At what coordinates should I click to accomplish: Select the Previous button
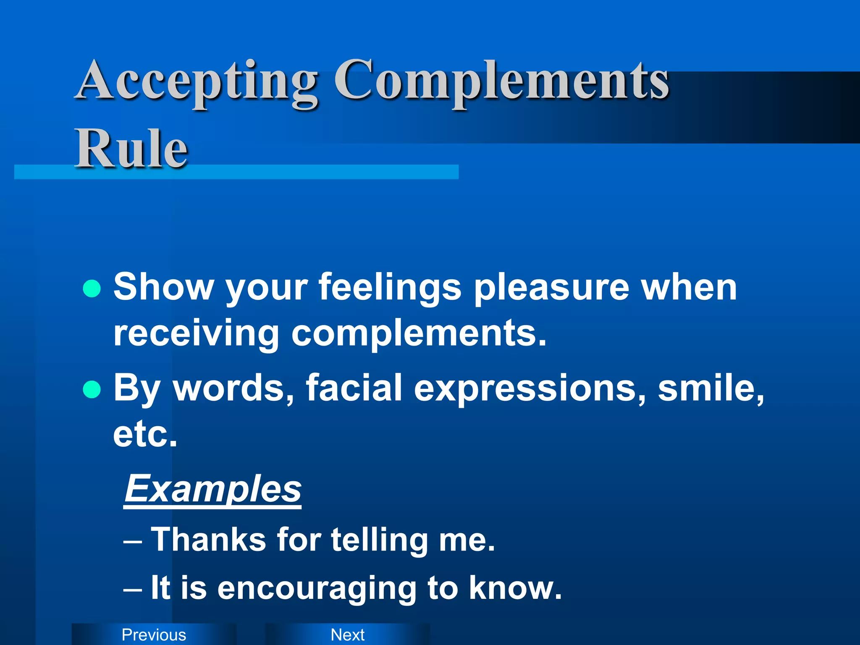[x=154, y=635]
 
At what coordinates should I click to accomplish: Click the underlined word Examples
[x=213, y=489]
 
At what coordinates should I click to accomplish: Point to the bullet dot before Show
[x=92, y=289]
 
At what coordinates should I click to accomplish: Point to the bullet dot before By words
[x=92, y=389]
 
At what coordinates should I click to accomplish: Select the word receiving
[x=196, y=334]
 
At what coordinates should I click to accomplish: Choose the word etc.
[x=145, y=434]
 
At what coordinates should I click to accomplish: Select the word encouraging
[x=317, y=588]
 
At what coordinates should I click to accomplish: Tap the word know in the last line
[x=514, y=588]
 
